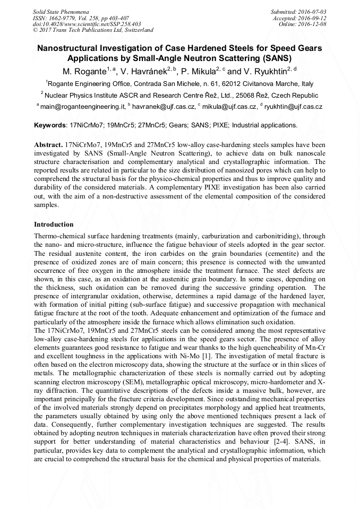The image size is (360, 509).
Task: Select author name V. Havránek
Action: (x=143, y=71)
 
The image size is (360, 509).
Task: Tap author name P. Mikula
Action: (x=201, y=71)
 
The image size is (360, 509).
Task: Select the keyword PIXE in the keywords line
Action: (x=222, y=126)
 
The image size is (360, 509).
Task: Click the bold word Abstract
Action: (x=48, y=144)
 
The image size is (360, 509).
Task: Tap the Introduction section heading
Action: (x=54, y=225)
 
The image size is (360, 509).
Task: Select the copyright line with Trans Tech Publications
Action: (x=93, y=30)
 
